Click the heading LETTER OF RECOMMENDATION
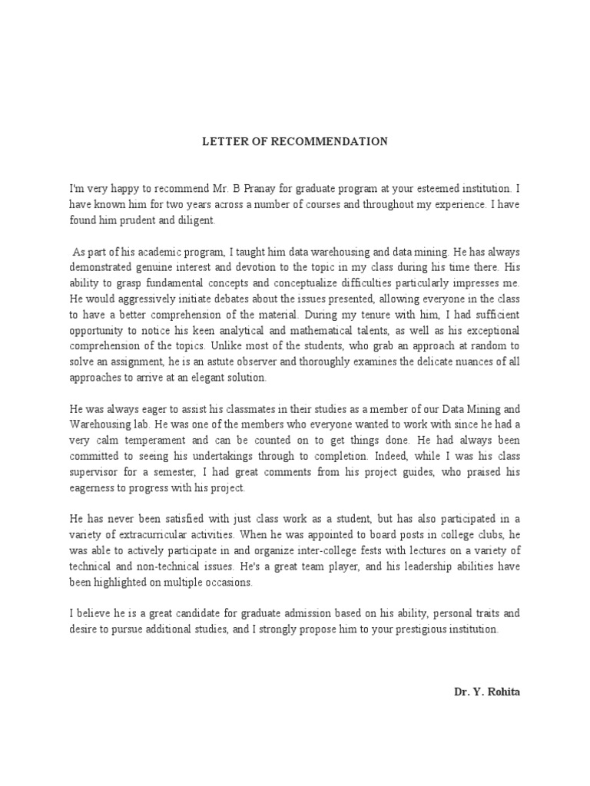coord(295,142)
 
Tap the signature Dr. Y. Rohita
coord(486,691)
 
